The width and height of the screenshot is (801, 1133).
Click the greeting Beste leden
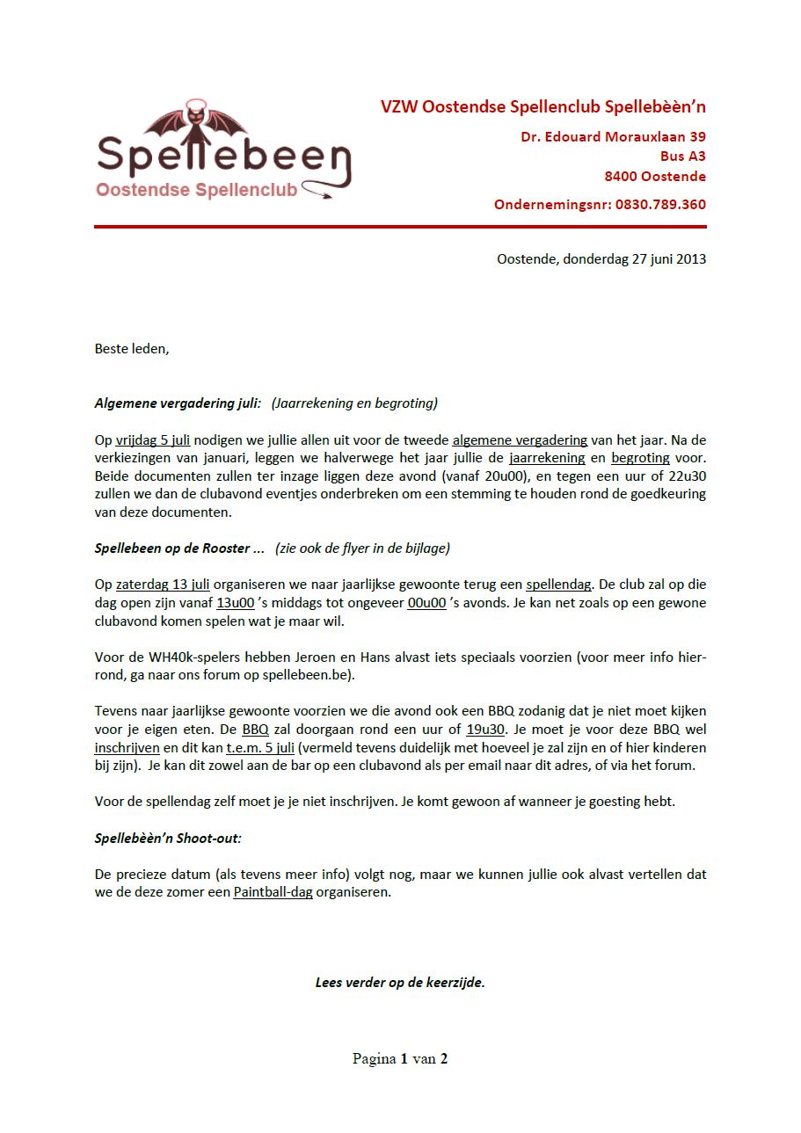[x=131, y=348]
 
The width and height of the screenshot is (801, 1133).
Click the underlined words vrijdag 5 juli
[x=153, y=440]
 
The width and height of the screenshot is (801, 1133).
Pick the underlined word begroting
[x=640, y=458]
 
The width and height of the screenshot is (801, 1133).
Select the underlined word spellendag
[x=558, y=585]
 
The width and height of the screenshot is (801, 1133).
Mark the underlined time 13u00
[x=236, y=603]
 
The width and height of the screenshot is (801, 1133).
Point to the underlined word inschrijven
[x=127, y=748]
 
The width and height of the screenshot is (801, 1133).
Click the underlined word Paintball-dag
[x=273, y=892]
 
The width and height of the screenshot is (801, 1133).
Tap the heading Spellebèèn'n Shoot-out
[x=168, y=838]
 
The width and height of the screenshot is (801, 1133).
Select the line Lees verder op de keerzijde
[x=400, y=982]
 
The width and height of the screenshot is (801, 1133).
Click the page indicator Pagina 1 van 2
[x=400, y=1058]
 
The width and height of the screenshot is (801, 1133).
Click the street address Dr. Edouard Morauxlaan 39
[x=613, y=137]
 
